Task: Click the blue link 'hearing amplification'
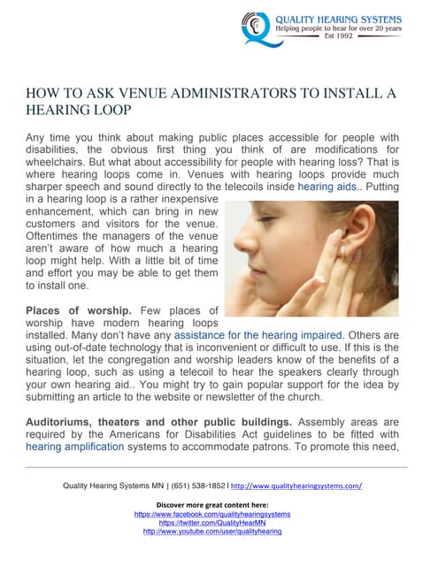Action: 77,447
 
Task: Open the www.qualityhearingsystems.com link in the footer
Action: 297,486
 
